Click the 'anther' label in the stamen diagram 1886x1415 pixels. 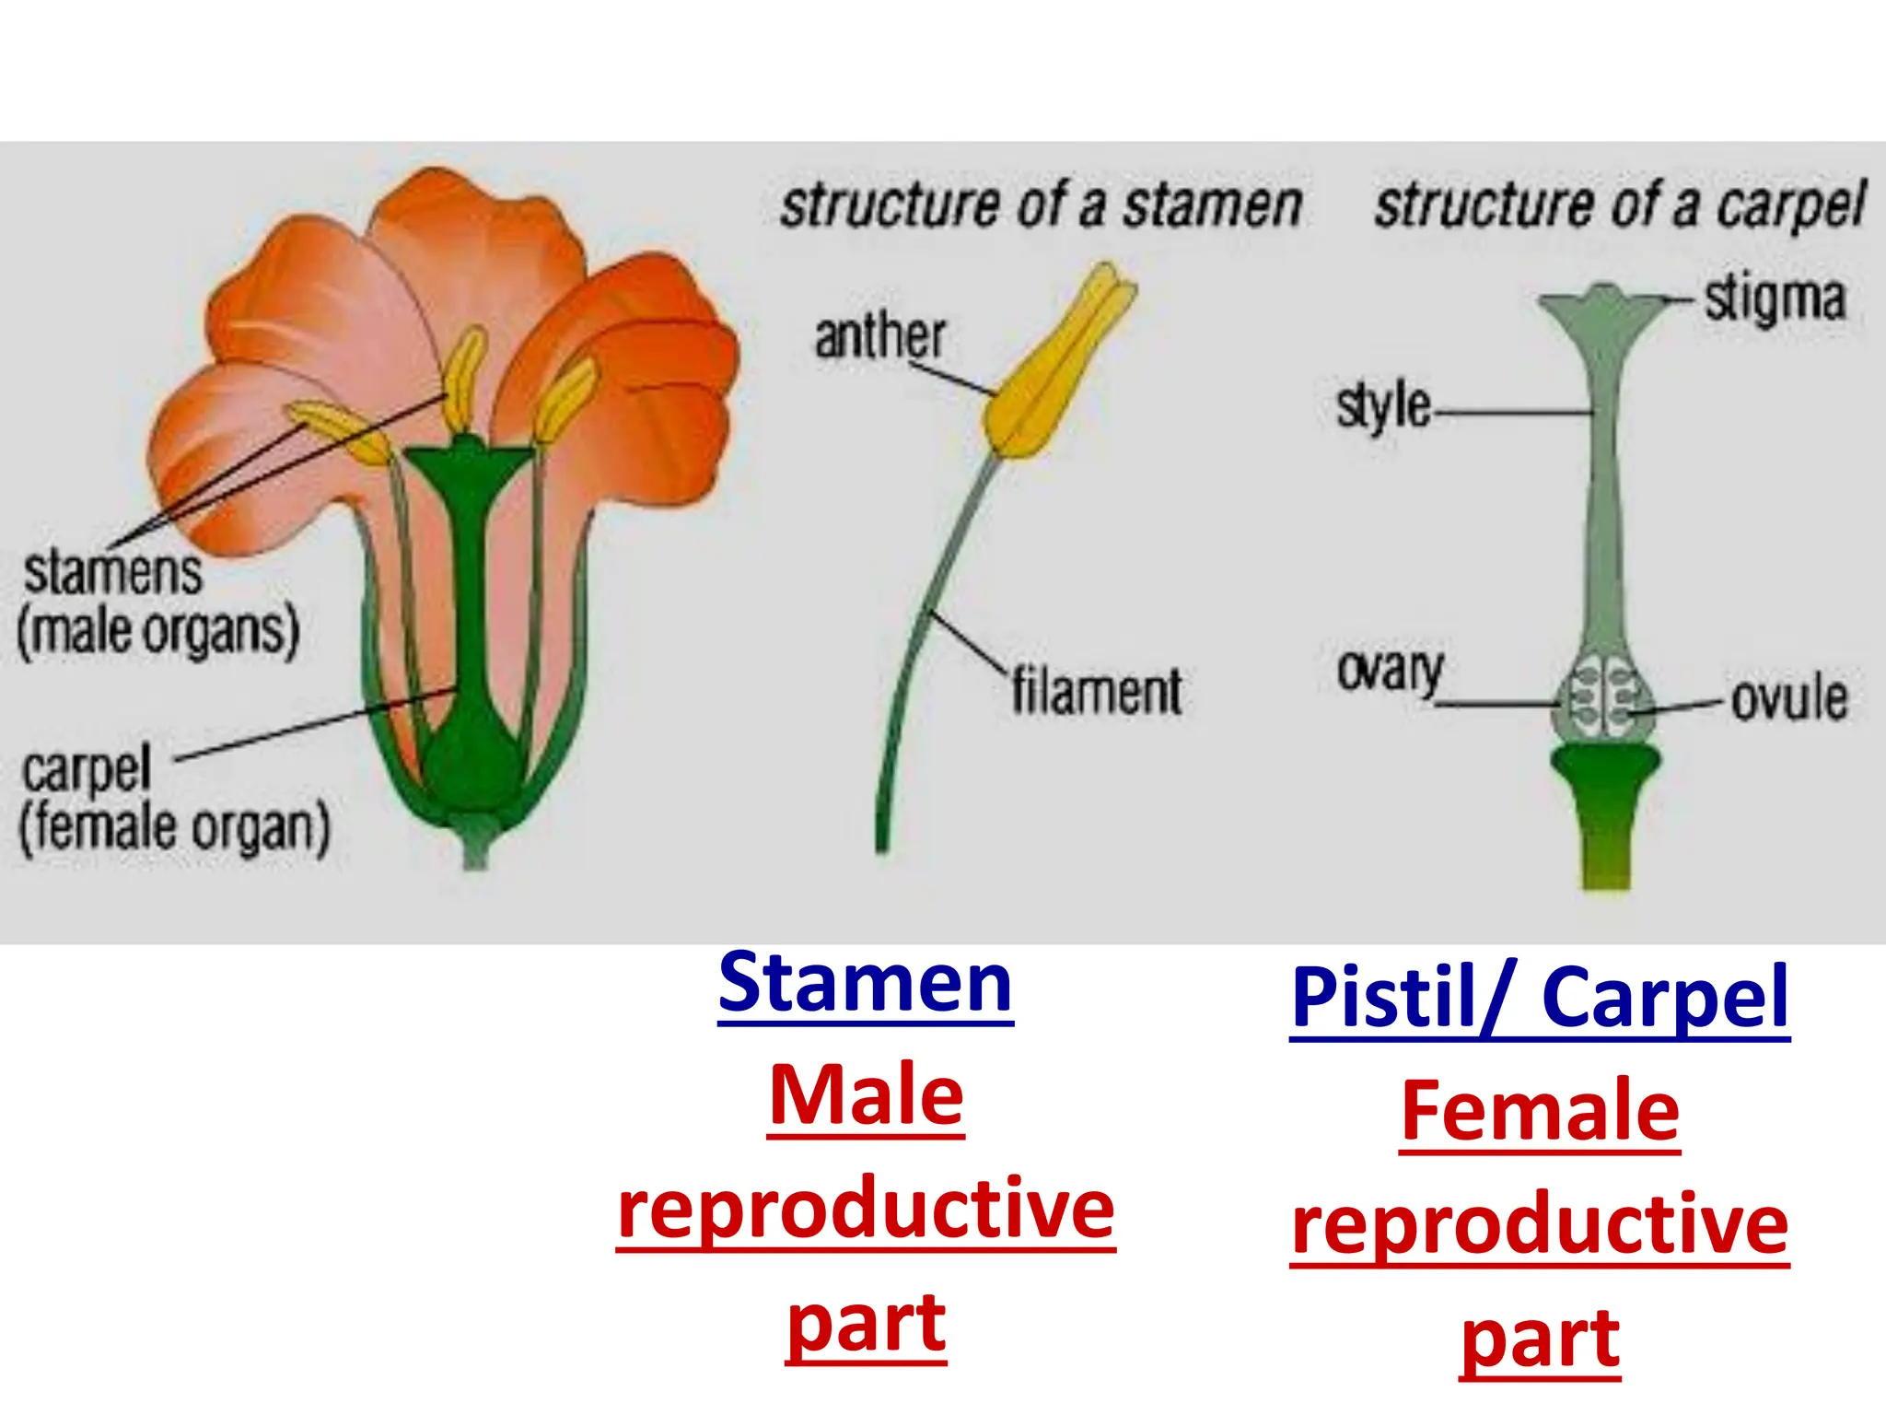tap(879, 336)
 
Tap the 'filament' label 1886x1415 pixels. tap(1096, 691)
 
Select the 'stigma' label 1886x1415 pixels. tap(1775, 299)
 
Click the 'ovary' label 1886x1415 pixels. tap(1390, 670)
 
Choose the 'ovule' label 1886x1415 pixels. tap(1788, 698)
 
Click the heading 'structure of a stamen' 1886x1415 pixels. tap(1041, 205)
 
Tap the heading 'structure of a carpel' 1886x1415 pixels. tap(1619, 205)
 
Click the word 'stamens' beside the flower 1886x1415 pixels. tap(112, 572)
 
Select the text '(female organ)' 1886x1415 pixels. tap(175, 827)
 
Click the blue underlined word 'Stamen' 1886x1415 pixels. tap(865, 984)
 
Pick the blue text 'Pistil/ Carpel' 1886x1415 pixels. tap(1539, 999)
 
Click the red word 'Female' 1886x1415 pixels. tap(1540, 1112)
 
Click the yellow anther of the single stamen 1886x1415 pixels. tap(1059, 368)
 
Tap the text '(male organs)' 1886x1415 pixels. tap(158, 631)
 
